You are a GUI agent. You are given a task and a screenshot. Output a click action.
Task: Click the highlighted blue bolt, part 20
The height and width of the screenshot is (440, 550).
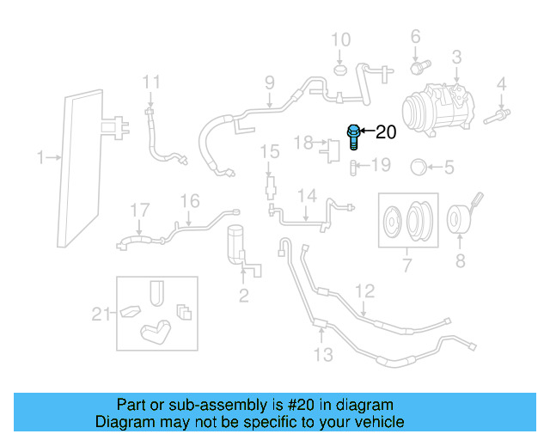353,137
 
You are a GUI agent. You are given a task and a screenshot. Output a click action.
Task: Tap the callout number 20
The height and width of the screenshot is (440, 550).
387,132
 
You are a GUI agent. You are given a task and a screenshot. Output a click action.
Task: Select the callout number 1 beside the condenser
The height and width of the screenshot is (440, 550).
40,157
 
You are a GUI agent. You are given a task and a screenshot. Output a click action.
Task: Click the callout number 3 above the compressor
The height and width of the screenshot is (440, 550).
456,58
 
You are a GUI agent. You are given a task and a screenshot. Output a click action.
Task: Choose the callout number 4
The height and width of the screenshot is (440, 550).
501,84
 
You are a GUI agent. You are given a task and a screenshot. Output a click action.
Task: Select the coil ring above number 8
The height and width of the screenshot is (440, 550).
459,219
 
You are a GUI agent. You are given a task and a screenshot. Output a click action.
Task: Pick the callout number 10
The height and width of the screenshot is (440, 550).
341,40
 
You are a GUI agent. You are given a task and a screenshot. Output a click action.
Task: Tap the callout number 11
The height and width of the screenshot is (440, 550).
151,83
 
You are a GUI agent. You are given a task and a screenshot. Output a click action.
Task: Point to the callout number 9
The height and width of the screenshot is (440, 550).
269,83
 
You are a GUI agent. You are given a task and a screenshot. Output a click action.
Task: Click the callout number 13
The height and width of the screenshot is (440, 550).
322,354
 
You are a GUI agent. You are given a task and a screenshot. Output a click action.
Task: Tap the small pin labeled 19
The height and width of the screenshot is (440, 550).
353,166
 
